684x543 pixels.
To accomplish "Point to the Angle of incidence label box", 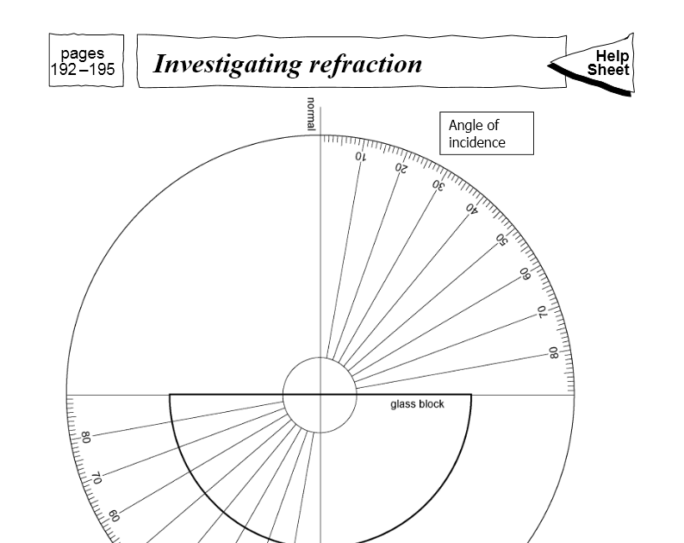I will tap(486, 134).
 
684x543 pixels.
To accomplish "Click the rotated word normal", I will tap(312, 114).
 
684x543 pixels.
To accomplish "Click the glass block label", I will tap(417, 403).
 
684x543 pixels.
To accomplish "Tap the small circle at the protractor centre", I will tap(320, 395).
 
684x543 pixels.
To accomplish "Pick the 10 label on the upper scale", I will tap(359, 157).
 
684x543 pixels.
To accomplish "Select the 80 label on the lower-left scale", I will tap(85, 438).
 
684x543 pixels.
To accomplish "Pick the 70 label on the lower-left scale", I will tap(96, 477).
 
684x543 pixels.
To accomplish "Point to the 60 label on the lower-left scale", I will tap(114, 515).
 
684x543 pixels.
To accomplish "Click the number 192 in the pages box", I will tap(65, 70).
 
